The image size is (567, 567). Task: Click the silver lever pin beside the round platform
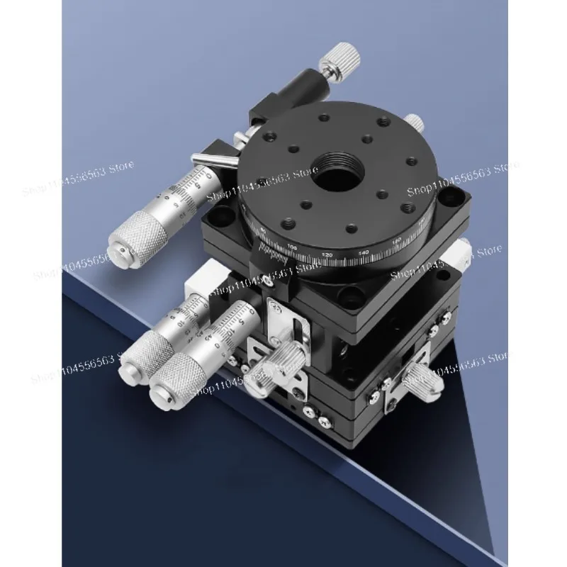216,160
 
